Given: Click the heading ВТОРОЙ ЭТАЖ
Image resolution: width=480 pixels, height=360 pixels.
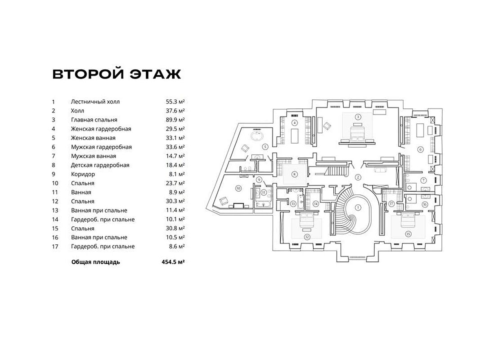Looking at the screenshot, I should (117, 74).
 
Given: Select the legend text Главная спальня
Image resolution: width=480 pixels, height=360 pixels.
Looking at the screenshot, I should (94, 120).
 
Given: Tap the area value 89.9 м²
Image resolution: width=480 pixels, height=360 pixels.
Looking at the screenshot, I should (175, 120).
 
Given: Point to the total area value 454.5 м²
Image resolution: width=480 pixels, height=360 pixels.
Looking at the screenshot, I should (173, 262).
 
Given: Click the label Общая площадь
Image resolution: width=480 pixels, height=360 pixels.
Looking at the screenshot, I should (95, 262).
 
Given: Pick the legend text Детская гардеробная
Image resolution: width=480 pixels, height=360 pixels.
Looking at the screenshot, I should (100, 165).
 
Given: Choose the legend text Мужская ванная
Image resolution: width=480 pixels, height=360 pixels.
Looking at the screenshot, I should (94, 156).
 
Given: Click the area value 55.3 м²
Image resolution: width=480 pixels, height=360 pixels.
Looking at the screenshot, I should (175, 102).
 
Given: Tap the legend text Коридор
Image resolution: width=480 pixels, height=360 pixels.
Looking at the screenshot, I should (83, 174).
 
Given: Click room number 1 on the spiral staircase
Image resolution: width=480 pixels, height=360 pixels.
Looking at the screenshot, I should (358, 207).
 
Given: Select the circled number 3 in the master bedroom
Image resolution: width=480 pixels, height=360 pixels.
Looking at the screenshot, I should (358, 117).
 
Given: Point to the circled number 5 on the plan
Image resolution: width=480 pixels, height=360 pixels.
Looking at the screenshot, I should (265, 146).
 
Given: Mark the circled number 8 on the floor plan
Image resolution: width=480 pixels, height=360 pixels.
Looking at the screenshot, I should (294, 174).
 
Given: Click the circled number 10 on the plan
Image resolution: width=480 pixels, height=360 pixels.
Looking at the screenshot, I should (238, 188).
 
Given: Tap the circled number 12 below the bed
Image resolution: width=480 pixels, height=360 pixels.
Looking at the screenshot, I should (307, 237).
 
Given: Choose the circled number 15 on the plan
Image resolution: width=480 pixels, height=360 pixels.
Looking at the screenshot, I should (408, 234).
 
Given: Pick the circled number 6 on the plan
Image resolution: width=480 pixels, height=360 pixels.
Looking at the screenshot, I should (420, 149).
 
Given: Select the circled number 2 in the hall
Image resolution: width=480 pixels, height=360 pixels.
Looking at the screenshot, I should (358, 177).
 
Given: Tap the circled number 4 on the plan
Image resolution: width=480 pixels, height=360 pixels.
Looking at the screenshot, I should (294, 122).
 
